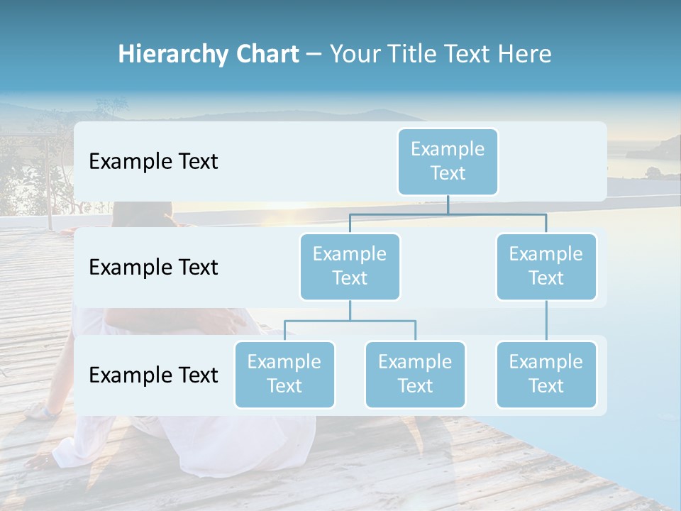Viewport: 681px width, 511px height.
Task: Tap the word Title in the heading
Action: [412, 55]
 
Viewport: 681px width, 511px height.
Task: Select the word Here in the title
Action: [524, 55]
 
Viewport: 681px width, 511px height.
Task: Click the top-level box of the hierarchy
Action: [448, 162]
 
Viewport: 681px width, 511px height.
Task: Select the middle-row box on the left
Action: [350, 267]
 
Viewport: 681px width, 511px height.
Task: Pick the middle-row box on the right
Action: [546, 267]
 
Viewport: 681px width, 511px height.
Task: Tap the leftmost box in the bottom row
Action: [284, 375]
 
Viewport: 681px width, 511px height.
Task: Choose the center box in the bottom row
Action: [415, 375]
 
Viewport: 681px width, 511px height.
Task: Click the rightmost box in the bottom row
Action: [546, 375]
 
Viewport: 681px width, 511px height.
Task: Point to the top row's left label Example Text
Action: [153, 162]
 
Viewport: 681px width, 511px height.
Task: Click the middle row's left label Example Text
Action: [153, 268]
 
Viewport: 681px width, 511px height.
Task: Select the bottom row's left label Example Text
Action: [153, 375]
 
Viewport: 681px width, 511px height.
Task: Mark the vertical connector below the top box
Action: [448, 204]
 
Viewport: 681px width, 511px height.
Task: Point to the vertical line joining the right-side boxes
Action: [546, 321]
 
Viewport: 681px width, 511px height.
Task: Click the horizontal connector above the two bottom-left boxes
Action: [350, 321]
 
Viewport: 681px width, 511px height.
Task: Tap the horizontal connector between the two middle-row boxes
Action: [448, 214]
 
